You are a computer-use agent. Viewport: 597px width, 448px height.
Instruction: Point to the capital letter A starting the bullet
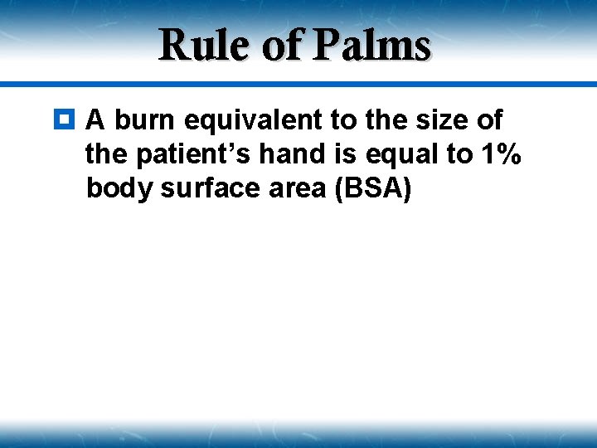[95, 120]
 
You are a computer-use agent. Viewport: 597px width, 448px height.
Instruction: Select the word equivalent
[254, 120]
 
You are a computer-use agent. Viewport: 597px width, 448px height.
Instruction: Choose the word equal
[402, 155]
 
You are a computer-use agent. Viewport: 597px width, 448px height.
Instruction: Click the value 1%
[499, 155]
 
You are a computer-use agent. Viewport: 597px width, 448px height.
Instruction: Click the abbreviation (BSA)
[372, 190]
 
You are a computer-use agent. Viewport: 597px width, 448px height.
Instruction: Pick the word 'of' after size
[489, 120]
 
